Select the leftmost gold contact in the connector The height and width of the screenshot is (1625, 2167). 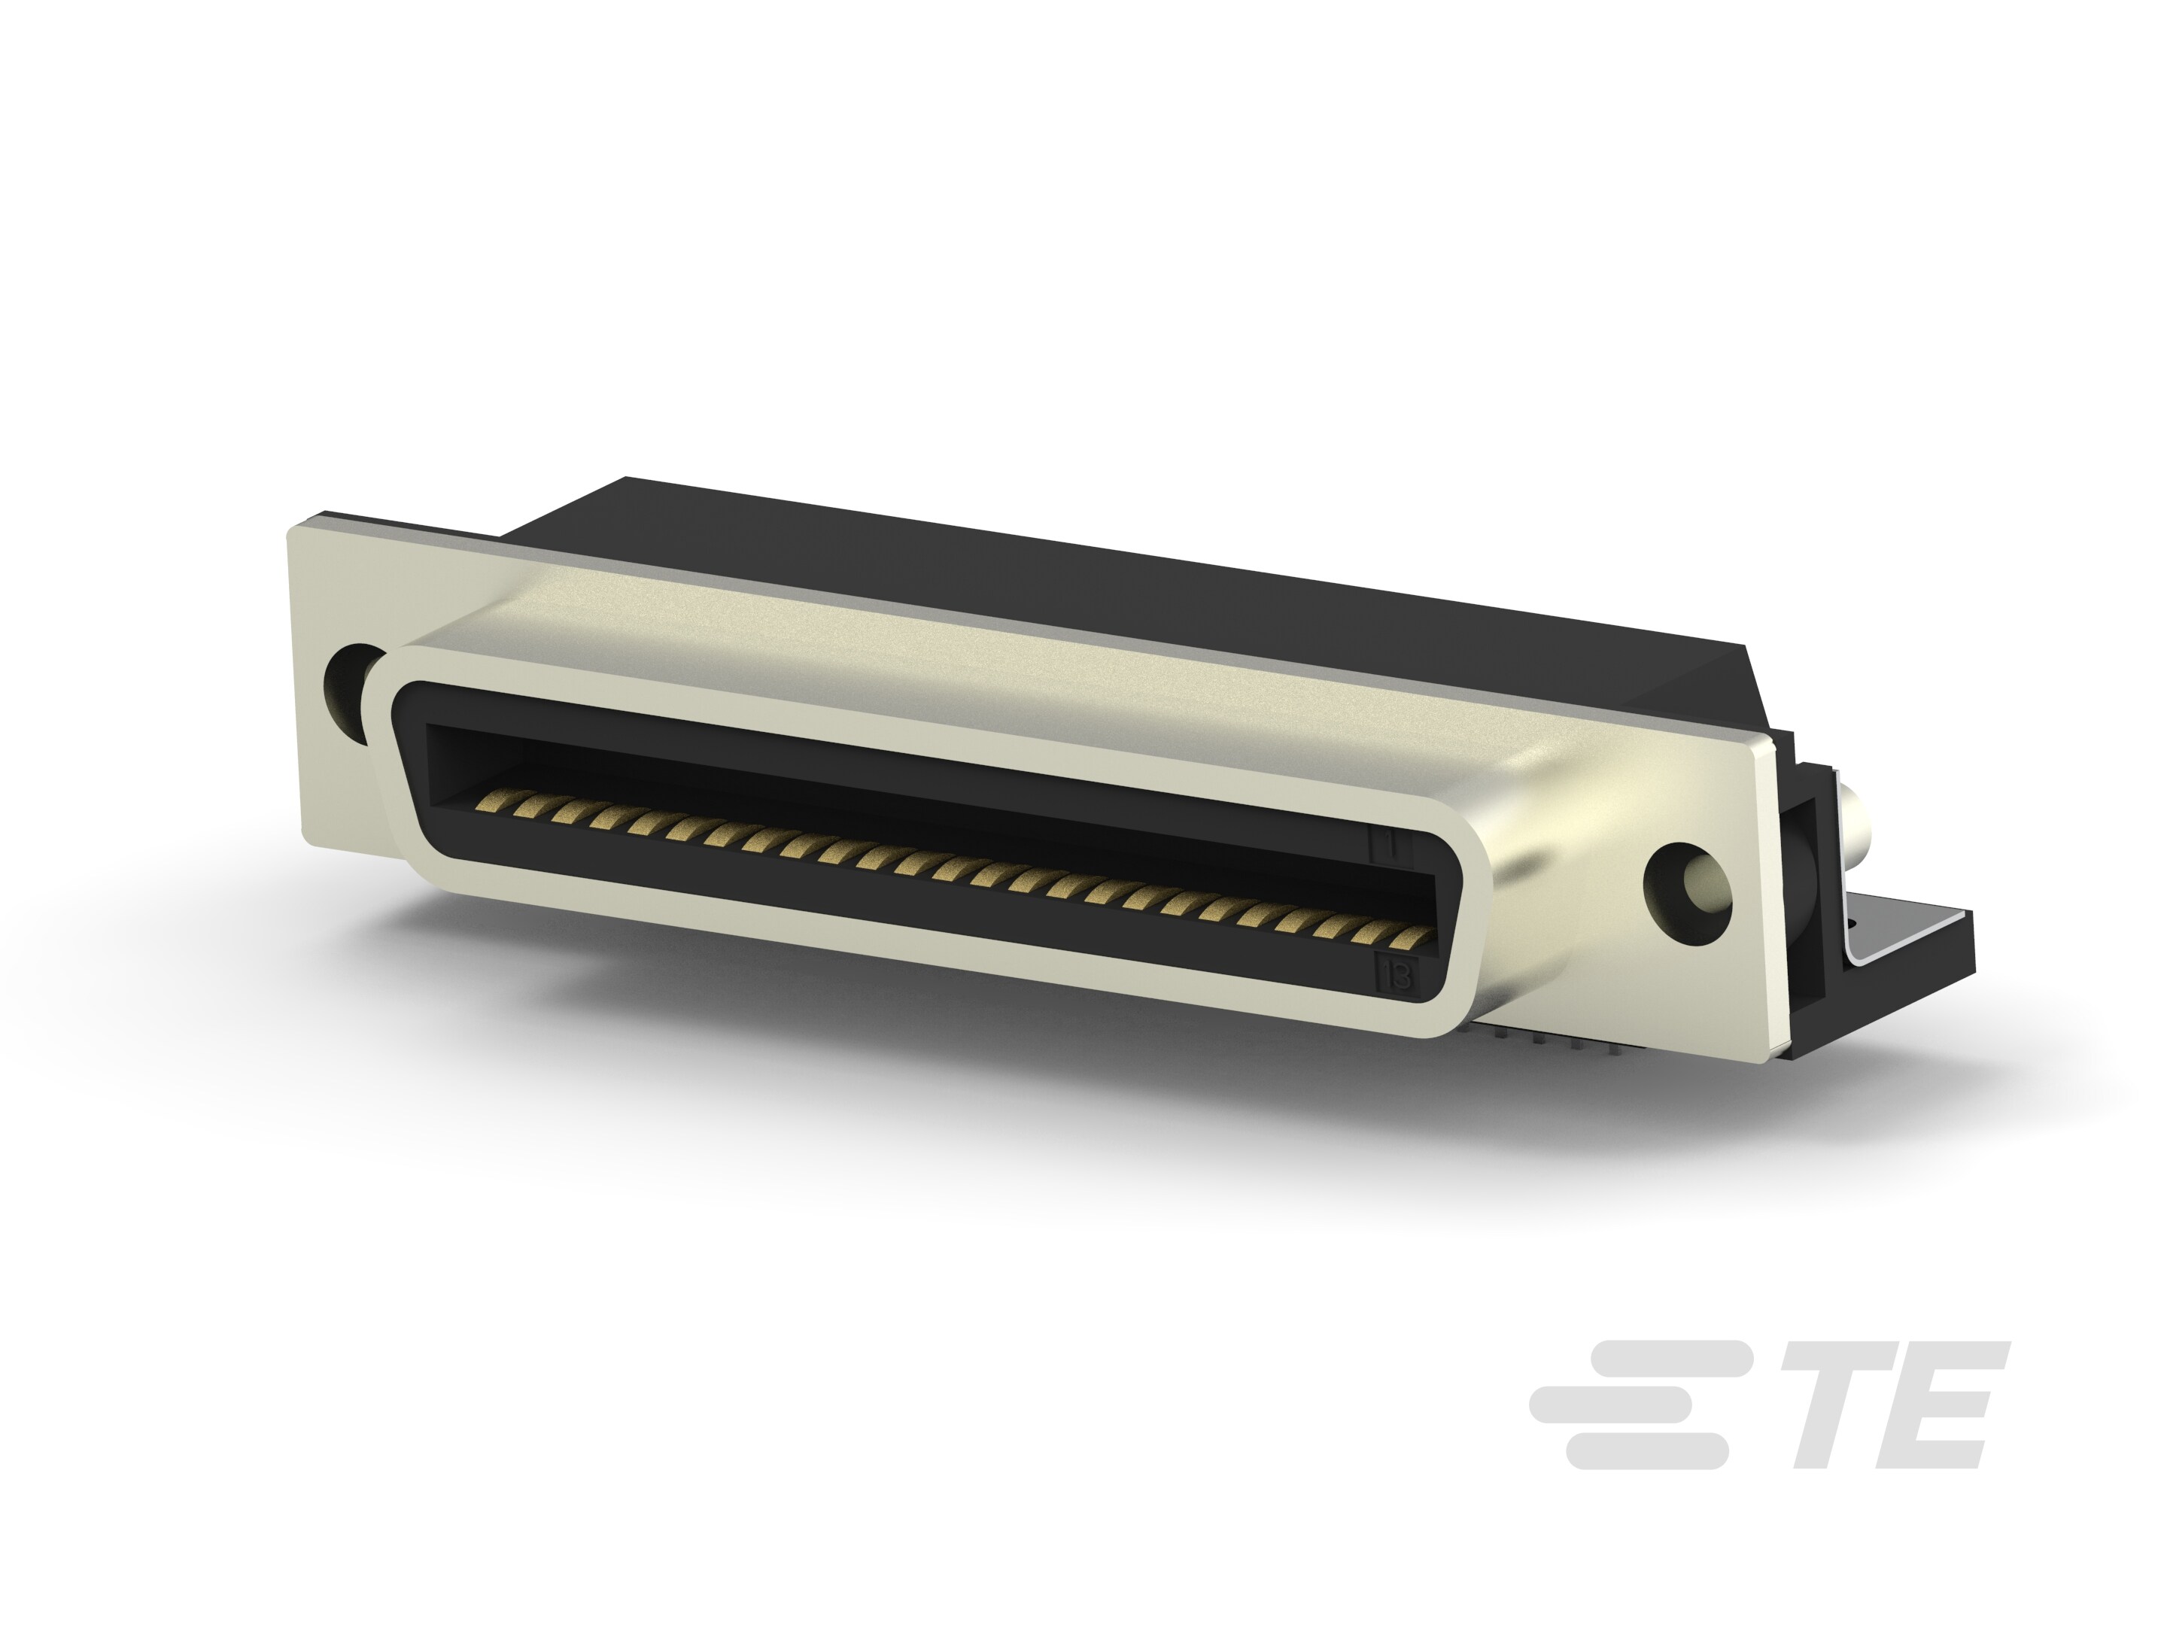pyautogui.click(x=487, y=802)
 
